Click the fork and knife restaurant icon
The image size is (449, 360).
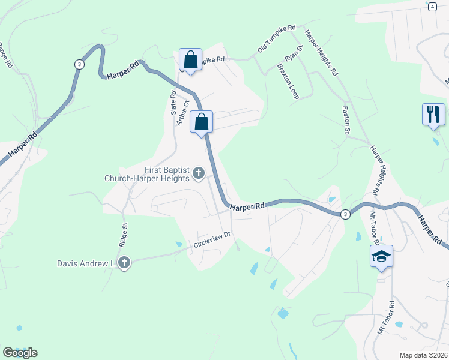(433, 113)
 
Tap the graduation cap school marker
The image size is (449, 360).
(381, 256)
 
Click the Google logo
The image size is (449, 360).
(20, 353)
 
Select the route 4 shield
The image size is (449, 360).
(432, 6)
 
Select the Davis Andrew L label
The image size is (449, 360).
(86, 263)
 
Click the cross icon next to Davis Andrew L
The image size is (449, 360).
(124, 262)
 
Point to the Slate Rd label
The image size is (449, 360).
(172, 103)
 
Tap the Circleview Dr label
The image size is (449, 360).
(212, 240)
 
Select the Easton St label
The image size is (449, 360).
(345, 119)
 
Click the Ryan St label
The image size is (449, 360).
(293, 55)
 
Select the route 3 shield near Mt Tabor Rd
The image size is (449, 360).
(345, 214)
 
